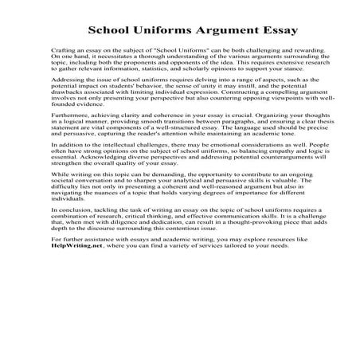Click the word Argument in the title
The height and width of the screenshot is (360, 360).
[x=212, y=31]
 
